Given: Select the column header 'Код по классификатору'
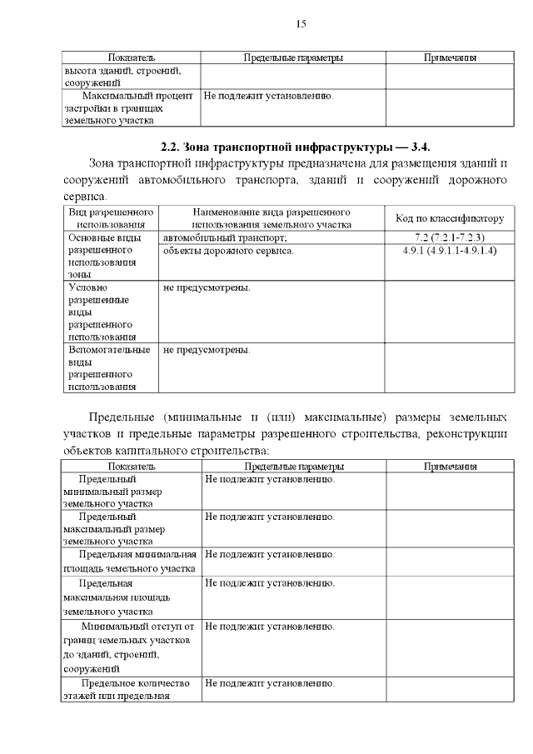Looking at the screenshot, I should pos(450,218).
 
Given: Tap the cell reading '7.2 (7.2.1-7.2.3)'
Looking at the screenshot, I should pos(450,237).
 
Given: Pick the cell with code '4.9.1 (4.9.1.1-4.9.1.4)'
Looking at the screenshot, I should pos(450,250).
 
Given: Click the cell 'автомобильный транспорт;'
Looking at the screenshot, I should pos(225,237).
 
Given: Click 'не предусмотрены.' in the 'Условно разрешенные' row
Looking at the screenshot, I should pos(207,288).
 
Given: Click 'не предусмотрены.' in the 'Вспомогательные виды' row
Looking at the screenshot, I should pos(207,350).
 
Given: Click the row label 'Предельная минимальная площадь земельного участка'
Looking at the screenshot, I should pos(129,561).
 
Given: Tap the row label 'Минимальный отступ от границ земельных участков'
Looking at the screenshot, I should pos(129,647).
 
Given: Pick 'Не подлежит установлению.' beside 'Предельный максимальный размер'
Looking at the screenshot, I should pos(270,517).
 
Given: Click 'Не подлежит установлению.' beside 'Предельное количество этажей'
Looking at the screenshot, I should pos(270,684).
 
